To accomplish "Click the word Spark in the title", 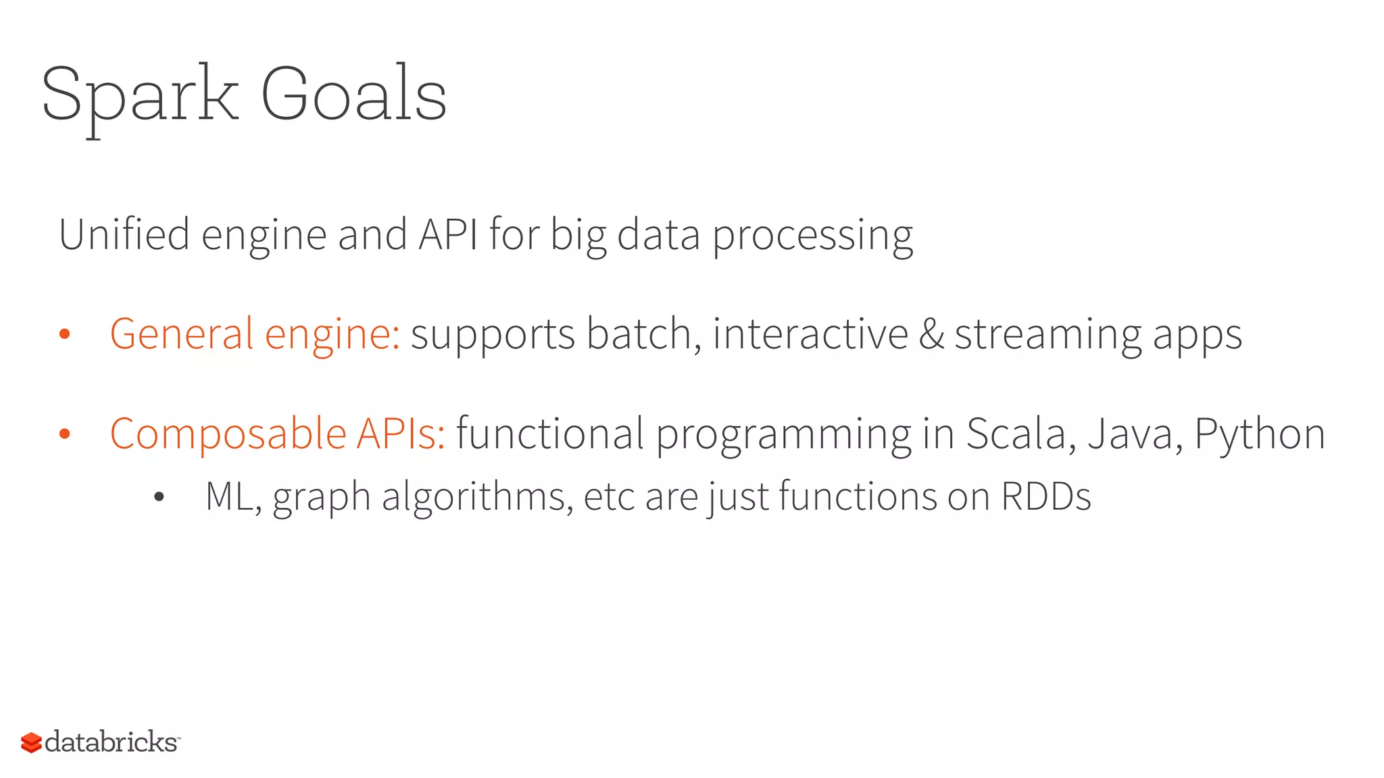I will coord(140,95).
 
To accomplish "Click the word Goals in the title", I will coord(353,95).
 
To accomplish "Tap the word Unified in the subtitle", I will coord(124,234).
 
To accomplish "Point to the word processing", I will coord(812,236).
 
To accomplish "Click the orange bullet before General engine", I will coord(65,334).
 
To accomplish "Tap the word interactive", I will coord(810,334).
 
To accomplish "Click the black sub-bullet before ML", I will coord(159,498).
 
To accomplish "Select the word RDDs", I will coord(1045,496).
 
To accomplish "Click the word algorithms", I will coord(477,498).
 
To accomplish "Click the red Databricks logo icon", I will coord(31,742).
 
